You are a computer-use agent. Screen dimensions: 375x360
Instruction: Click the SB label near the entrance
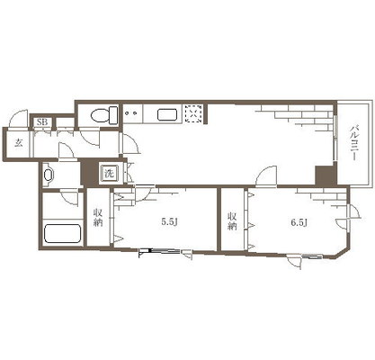click(42, 122)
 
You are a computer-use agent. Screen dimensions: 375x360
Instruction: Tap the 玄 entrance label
click(19, 143)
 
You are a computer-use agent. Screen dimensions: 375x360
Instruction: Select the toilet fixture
click(104, 115)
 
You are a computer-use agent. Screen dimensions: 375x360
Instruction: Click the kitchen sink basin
click(167, 114)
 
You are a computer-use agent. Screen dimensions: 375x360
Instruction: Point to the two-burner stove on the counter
click(131, 113)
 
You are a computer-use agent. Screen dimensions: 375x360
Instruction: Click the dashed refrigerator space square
click(193, 114)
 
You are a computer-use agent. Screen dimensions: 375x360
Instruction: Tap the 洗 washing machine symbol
click(109, 173)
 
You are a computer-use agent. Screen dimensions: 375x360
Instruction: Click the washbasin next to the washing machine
click(49, 175)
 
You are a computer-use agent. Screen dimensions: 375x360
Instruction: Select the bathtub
click(63, 234)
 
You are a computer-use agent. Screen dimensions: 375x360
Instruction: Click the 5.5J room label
click(170, 222)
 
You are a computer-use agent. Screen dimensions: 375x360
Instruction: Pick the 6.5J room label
click(299, 222)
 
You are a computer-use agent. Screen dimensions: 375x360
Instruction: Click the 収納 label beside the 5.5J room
click(98, 218)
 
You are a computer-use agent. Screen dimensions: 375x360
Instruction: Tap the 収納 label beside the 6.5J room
click(232, 221)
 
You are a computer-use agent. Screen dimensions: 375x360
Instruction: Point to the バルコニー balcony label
click(354, 144)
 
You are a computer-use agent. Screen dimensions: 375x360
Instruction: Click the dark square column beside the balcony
click(326, 175)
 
